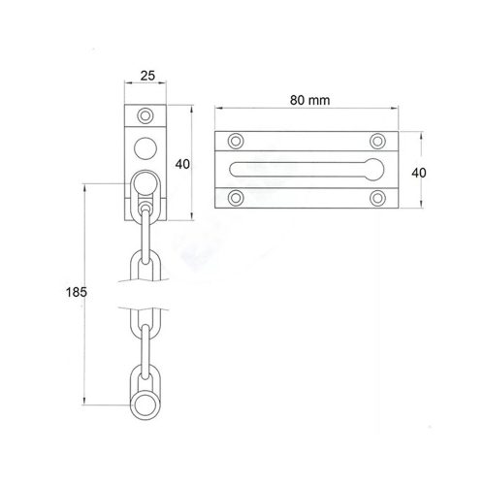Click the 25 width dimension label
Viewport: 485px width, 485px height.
click(x=147, y=76)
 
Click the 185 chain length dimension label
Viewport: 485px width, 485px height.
click(x=77, y=292)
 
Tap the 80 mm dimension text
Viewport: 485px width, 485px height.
click(x=309, y=100)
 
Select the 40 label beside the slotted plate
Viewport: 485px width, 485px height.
click(x=419, y=173)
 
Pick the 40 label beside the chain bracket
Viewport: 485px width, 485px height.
click(x=182, y=164)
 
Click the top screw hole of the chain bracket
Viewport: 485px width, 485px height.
click(x=145, y=115)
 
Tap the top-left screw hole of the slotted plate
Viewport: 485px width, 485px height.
click(x=236, y=141)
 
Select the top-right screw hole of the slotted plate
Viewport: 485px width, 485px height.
click(x=377, y=141)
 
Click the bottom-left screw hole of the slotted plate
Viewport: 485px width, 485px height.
click(x=236, y=198)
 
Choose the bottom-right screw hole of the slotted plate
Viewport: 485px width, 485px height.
click(x=377, y=198)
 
